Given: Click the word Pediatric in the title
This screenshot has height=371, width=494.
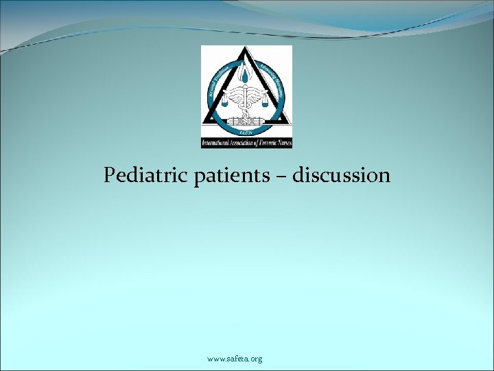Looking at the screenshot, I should coord(134,176).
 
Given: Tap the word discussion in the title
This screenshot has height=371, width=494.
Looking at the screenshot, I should coord(341,176).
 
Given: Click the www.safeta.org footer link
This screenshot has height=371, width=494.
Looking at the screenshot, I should coord(235,359).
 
